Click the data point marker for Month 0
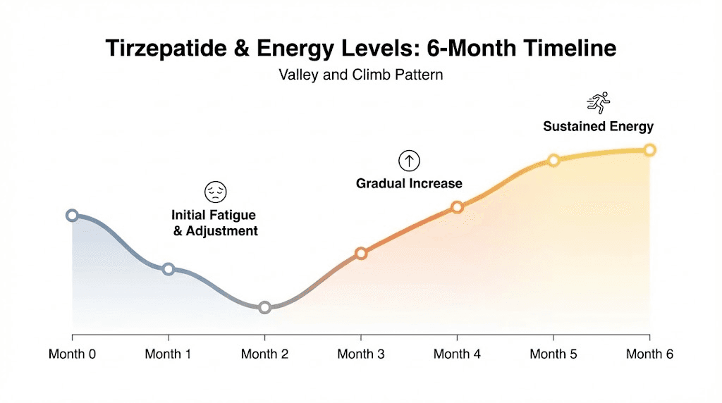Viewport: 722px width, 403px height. click(72, 216)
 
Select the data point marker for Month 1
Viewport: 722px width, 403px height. click(169, 269)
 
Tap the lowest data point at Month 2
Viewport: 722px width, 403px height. click(264, 307)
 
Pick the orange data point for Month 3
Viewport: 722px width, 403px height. click(361, 253)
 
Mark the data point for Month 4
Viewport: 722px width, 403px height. click(457, 207)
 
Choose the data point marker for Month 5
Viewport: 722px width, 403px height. click(553, 160)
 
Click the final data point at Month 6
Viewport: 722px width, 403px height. click(649, 149)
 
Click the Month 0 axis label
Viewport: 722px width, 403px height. click(72, 354)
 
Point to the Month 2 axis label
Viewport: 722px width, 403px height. click(264, 354)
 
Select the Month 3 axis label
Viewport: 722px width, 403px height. click(361, 354)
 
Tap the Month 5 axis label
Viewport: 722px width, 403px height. click(553, 354)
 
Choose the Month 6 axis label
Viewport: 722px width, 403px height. click(649, 354)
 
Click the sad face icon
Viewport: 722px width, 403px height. click(215, 192)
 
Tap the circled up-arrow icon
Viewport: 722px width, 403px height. click(409, 161)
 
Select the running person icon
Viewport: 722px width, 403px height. click(598, 104)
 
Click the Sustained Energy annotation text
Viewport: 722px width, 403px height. click(598, 127)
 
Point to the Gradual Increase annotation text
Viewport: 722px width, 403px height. click(409, 184)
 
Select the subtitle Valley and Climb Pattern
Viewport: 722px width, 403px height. click(361, 74)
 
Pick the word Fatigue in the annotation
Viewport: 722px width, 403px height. click(233, 214)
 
